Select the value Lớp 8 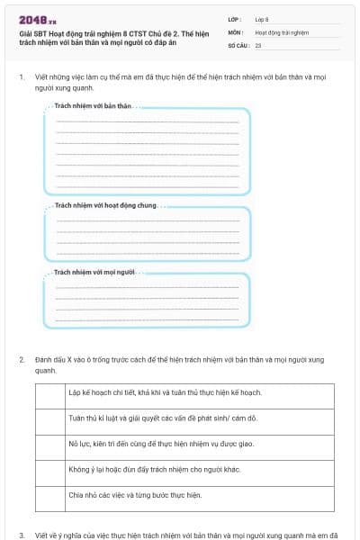tap(261, 19)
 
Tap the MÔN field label tap(235, 31)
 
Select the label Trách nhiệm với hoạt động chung tap(105, 205)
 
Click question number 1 tap(21, 77)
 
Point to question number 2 tap(21, 359)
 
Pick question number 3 tap(21, 534)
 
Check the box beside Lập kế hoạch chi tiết tap(49, 392)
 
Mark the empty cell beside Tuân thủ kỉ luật tap(49, 418)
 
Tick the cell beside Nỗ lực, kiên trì tap(49, 445)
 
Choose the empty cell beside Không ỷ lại tap(49, 470)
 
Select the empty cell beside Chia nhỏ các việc tap(49, 495)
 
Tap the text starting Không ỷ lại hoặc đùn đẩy tap(144, 470)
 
